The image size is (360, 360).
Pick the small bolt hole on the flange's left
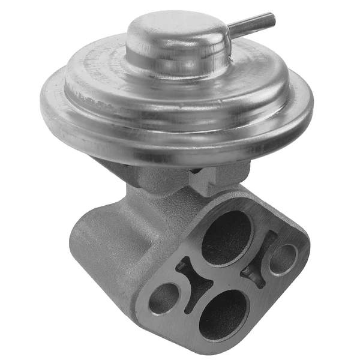click(164, 298)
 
